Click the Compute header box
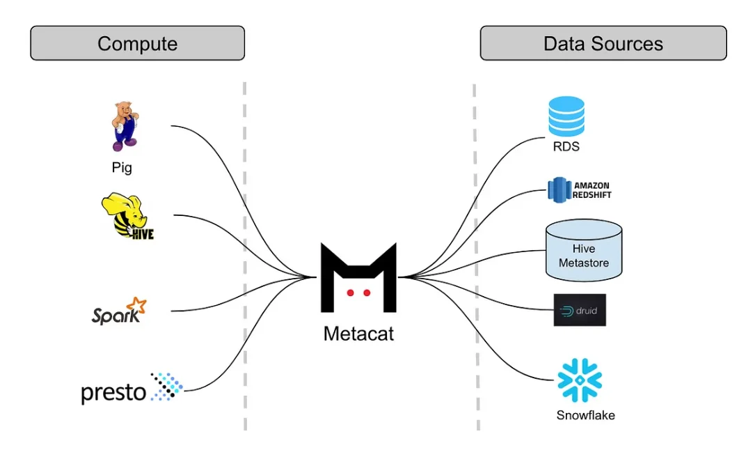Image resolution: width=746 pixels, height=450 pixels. coord(138,43)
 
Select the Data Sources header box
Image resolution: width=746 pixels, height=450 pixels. coord(603,43)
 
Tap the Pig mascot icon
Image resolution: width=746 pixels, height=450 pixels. coord(125,126)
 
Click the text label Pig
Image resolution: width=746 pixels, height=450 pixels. coord(122,168)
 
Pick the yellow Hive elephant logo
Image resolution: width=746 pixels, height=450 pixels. coord(127,216)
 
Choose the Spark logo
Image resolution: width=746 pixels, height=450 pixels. coord(119,311)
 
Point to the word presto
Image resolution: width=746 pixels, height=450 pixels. coord(113,392)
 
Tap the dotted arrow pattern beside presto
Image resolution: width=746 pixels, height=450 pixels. coord(166,386)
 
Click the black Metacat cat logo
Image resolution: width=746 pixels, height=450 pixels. coord(358,278)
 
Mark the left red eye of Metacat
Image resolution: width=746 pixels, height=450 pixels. coord(351,293)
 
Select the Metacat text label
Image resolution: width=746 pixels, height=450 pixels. coord(358,334)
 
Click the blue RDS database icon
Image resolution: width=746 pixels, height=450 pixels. coord(566,116)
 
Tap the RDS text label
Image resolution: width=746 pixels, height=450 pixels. coord(566,147)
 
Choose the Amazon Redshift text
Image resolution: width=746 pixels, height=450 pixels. coord(592,190)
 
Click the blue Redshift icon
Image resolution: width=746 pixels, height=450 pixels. coord(559,190)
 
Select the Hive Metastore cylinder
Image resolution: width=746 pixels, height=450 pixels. coord(584,251)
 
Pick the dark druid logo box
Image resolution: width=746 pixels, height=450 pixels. coord(580,310)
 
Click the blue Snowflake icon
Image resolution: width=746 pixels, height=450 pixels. coord(580,380)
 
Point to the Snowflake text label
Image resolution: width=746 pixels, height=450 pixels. coord(586,415)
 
